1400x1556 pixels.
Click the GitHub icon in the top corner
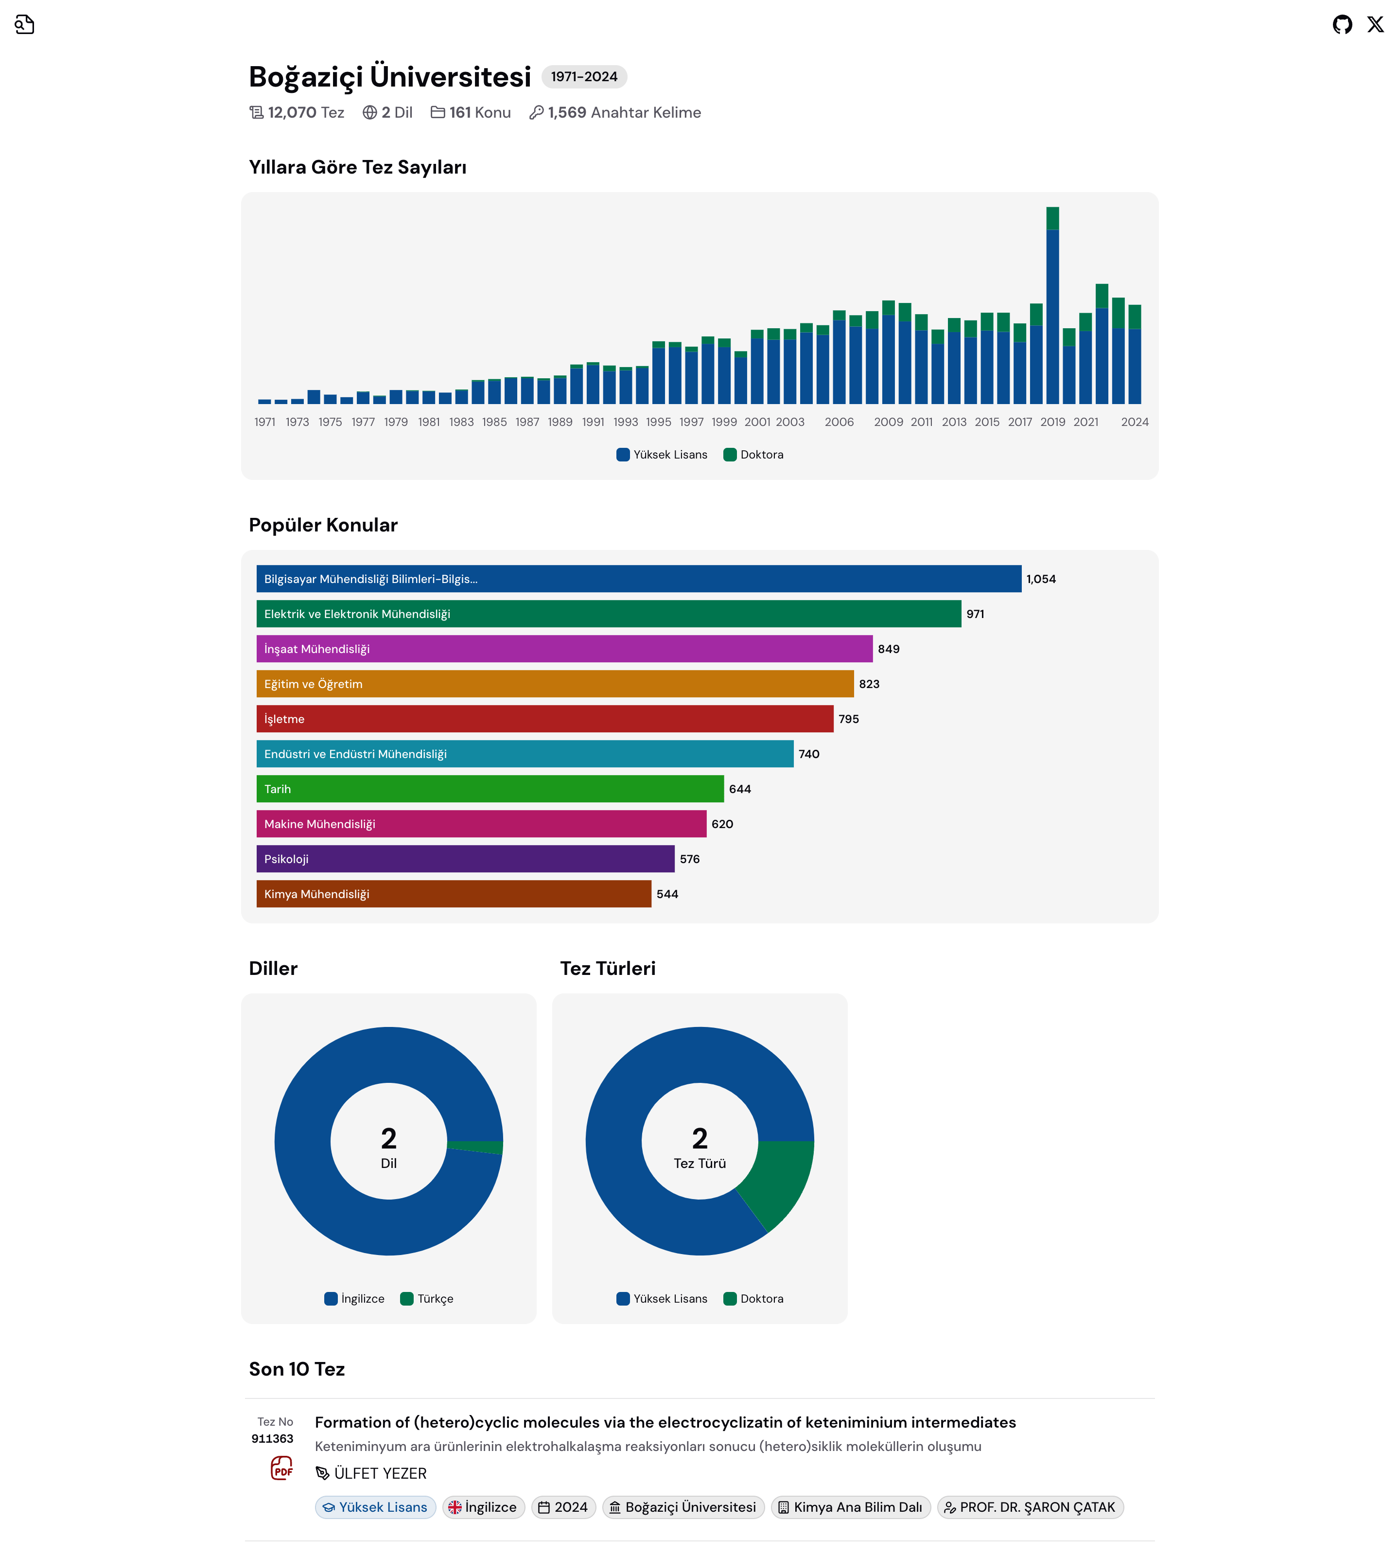point(1342,25)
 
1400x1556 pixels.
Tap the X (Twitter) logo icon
point(1375,25)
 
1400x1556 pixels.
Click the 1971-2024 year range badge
point(584,77)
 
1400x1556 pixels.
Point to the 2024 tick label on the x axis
point(1135,422)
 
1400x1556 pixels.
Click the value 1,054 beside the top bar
point(1041,579)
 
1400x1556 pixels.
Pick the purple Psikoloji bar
point(465,859)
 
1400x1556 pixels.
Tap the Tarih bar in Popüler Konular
point(489,789)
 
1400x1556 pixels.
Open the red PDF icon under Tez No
point(281,1468)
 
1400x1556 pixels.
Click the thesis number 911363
point(272,1439)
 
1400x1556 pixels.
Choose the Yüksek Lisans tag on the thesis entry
point(375,1507)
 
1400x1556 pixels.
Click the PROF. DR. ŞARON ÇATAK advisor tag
point(1030,1507)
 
